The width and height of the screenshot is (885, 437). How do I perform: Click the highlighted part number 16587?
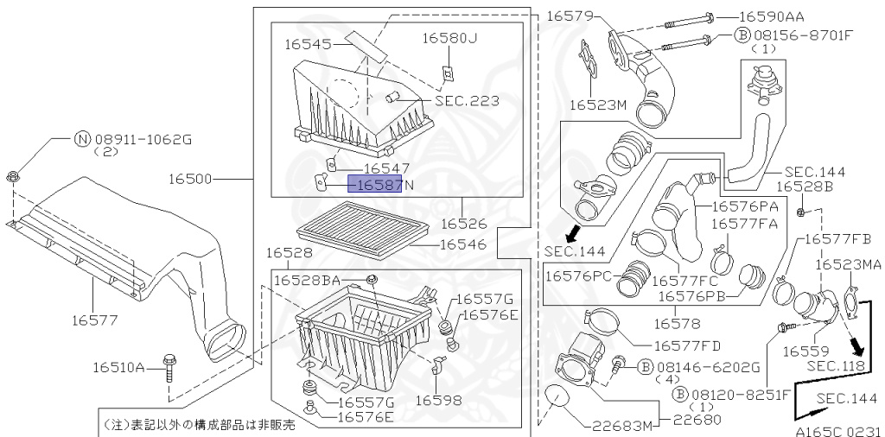(x=375, y=184)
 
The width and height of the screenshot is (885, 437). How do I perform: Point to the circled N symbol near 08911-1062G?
(x=81, y=138)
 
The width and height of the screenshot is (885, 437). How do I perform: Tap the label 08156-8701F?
(x=803, y=35)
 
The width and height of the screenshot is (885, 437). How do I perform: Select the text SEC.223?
(x=467, y=101)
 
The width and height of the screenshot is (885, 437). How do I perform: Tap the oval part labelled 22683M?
(x=554, y=399)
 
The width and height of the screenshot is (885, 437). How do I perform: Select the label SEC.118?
(x=836, y=365)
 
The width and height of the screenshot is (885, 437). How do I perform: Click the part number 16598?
(x=438, y=400)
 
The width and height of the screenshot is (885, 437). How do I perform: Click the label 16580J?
(x=449, y=38)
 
